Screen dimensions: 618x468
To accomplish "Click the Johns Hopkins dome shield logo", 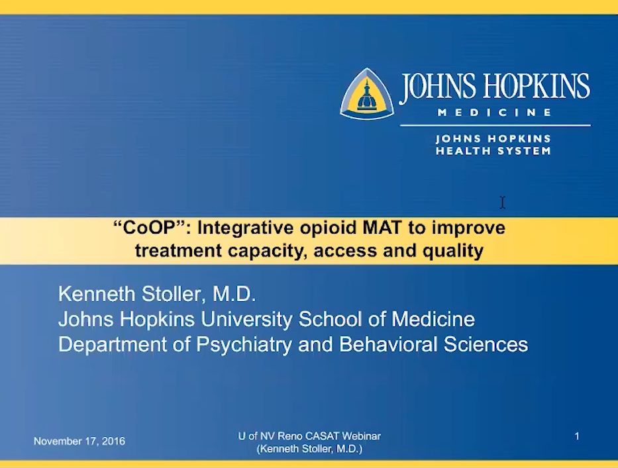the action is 367,94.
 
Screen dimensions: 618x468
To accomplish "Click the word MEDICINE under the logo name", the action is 495,113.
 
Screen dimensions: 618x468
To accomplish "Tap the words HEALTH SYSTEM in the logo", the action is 493,151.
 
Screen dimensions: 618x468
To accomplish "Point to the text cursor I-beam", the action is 503,203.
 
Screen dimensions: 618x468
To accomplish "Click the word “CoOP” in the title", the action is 150,228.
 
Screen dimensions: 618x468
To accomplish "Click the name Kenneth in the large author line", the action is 97,294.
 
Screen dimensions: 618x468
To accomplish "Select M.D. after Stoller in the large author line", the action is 234,294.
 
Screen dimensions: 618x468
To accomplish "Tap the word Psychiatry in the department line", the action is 244,344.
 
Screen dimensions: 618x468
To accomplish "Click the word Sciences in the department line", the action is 486,344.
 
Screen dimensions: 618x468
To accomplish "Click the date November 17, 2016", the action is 79,442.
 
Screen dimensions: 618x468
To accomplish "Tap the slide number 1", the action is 577,436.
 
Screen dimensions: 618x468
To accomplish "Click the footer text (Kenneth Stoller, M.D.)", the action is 309,449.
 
